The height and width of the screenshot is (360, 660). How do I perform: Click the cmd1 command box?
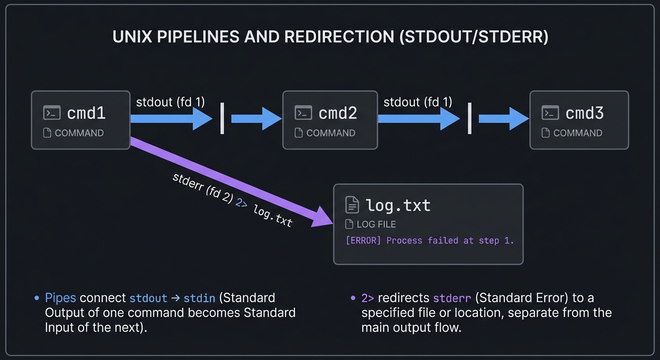coord(81,120)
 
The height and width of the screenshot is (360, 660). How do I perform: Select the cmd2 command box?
coord(330,120)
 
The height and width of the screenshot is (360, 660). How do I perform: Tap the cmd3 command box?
coord(579,120)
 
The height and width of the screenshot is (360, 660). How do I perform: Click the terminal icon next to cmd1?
coord(52,112)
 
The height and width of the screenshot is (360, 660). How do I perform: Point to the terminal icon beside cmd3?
coord(550,112)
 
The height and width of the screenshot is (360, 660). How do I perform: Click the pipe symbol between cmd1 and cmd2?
coord(222,119)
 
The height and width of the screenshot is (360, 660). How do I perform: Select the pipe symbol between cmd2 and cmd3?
coord(470,119)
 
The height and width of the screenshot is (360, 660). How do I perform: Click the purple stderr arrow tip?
coord(323,220)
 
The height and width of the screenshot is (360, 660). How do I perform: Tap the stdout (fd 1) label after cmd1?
coord(170,102)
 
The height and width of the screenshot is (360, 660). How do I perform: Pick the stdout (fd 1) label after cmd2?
coord(418,102)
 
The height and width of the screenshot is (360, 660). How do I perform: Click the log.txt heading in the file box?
coord(398,205)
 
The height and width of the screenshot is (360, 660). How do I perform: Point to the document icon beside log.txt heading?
coord(352,205)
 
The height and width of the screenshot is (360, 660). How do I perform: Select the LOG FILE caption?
coord(376,224)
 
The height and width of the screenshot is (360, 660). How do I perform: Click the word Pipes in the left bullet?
coord(60,298)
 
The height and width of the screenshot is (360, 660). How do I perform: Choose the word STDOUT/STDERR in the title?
coord(473,37)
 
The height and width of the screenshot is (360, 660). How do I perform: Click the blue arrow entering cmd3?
coord(504,119)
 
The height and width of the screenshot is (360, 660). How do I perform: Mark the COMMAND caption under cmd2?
coord(330,133)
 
